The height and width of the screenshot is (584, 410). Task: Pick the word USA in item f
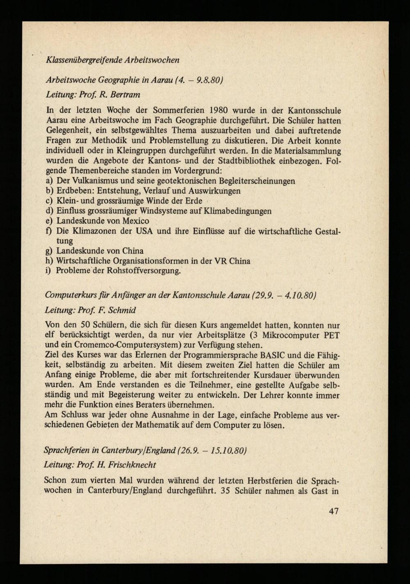point(143,231)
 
